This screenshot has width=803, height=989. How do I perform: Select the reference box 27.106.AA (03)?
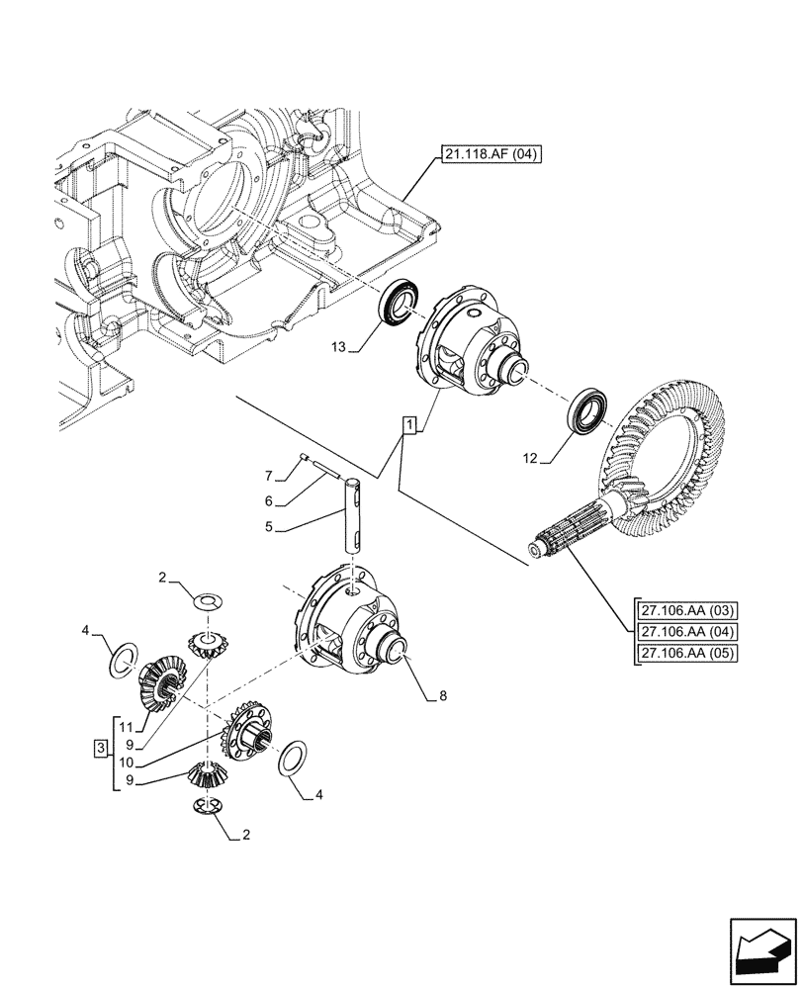pyautogui.click(x=681, y=609)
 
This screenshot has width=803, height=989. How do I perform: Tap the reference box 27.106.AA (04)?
pyautogui.click(x=681, y=631)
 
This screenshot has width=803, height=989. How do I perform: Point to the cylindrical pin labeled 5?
pyautogui.click(x=355, y=514)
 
